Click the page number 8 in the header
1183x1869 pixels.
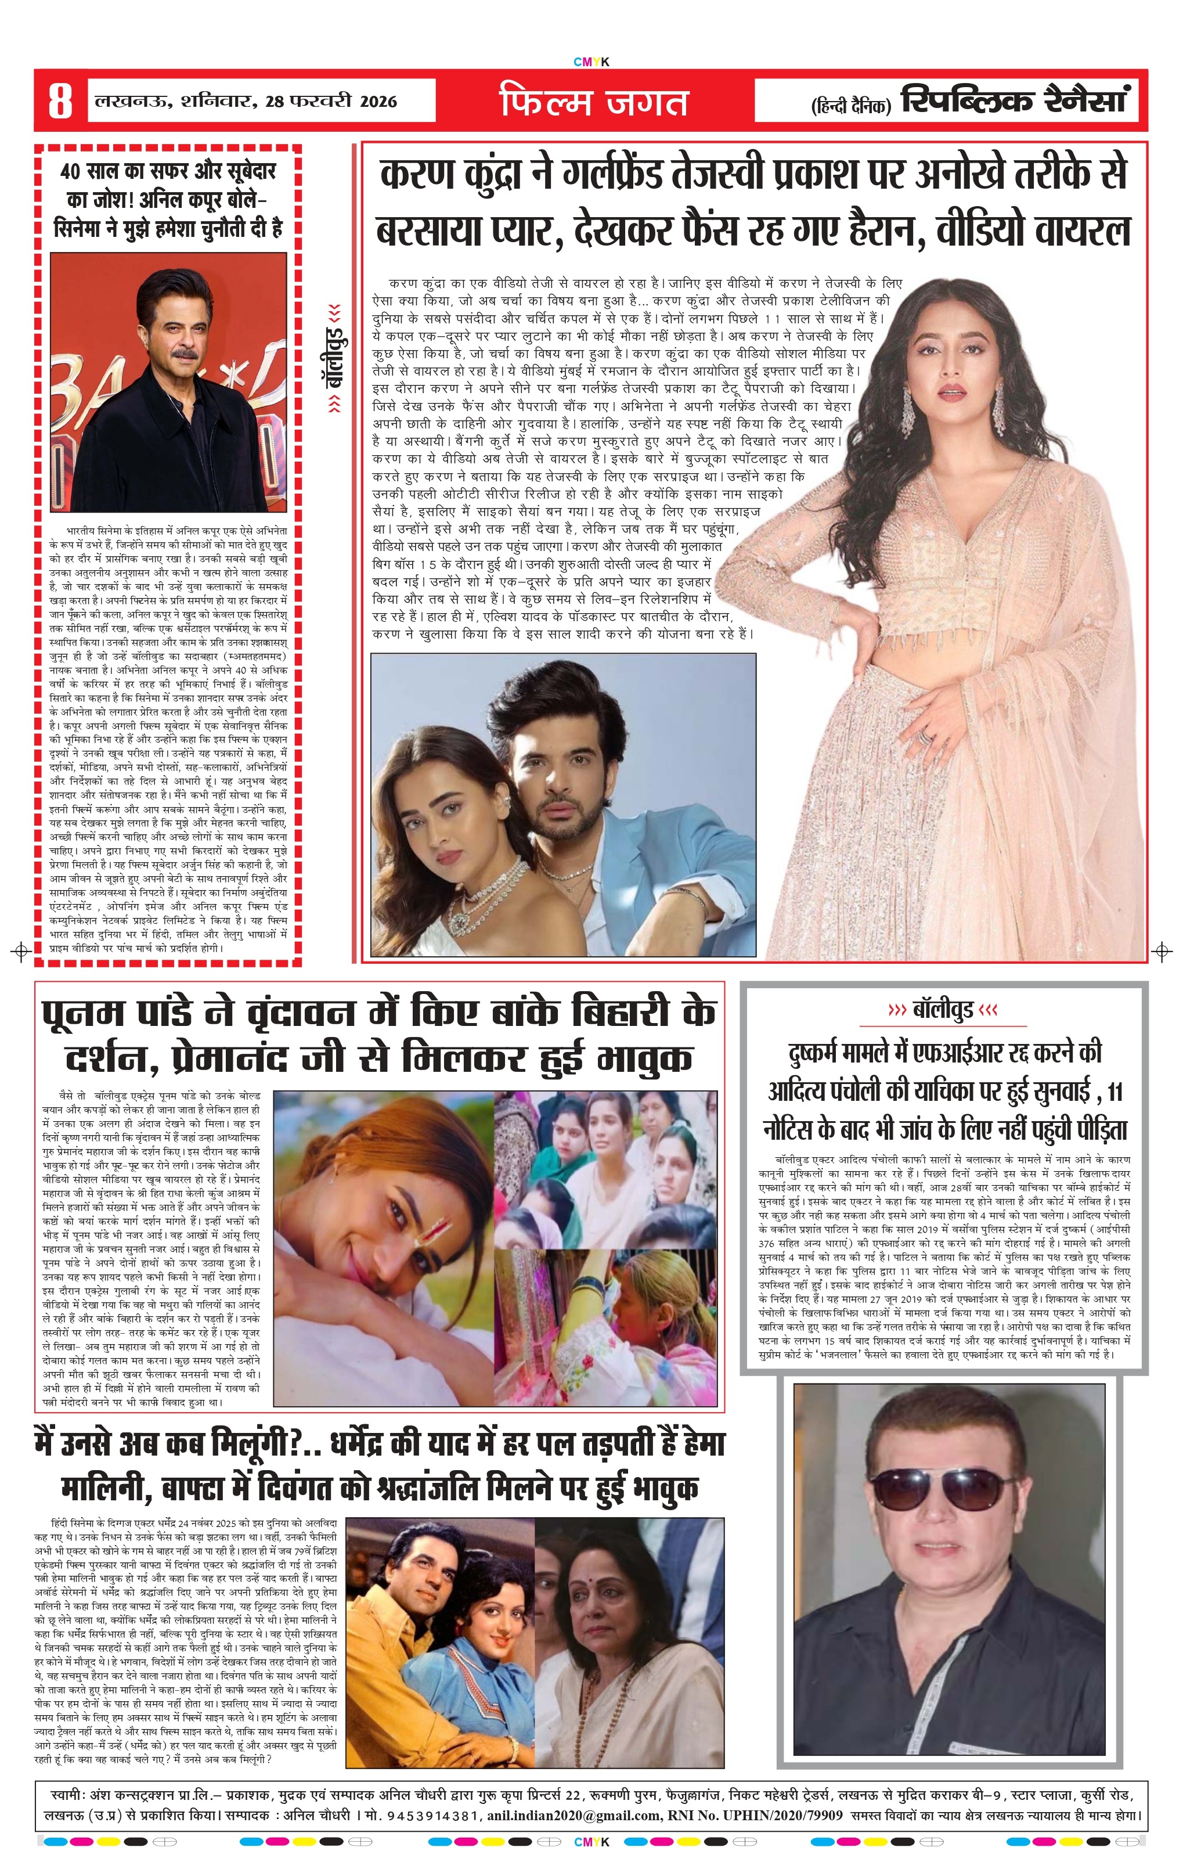(60, 101)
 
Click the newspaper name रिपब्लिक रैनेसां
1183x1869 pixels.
(1016, 101)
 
